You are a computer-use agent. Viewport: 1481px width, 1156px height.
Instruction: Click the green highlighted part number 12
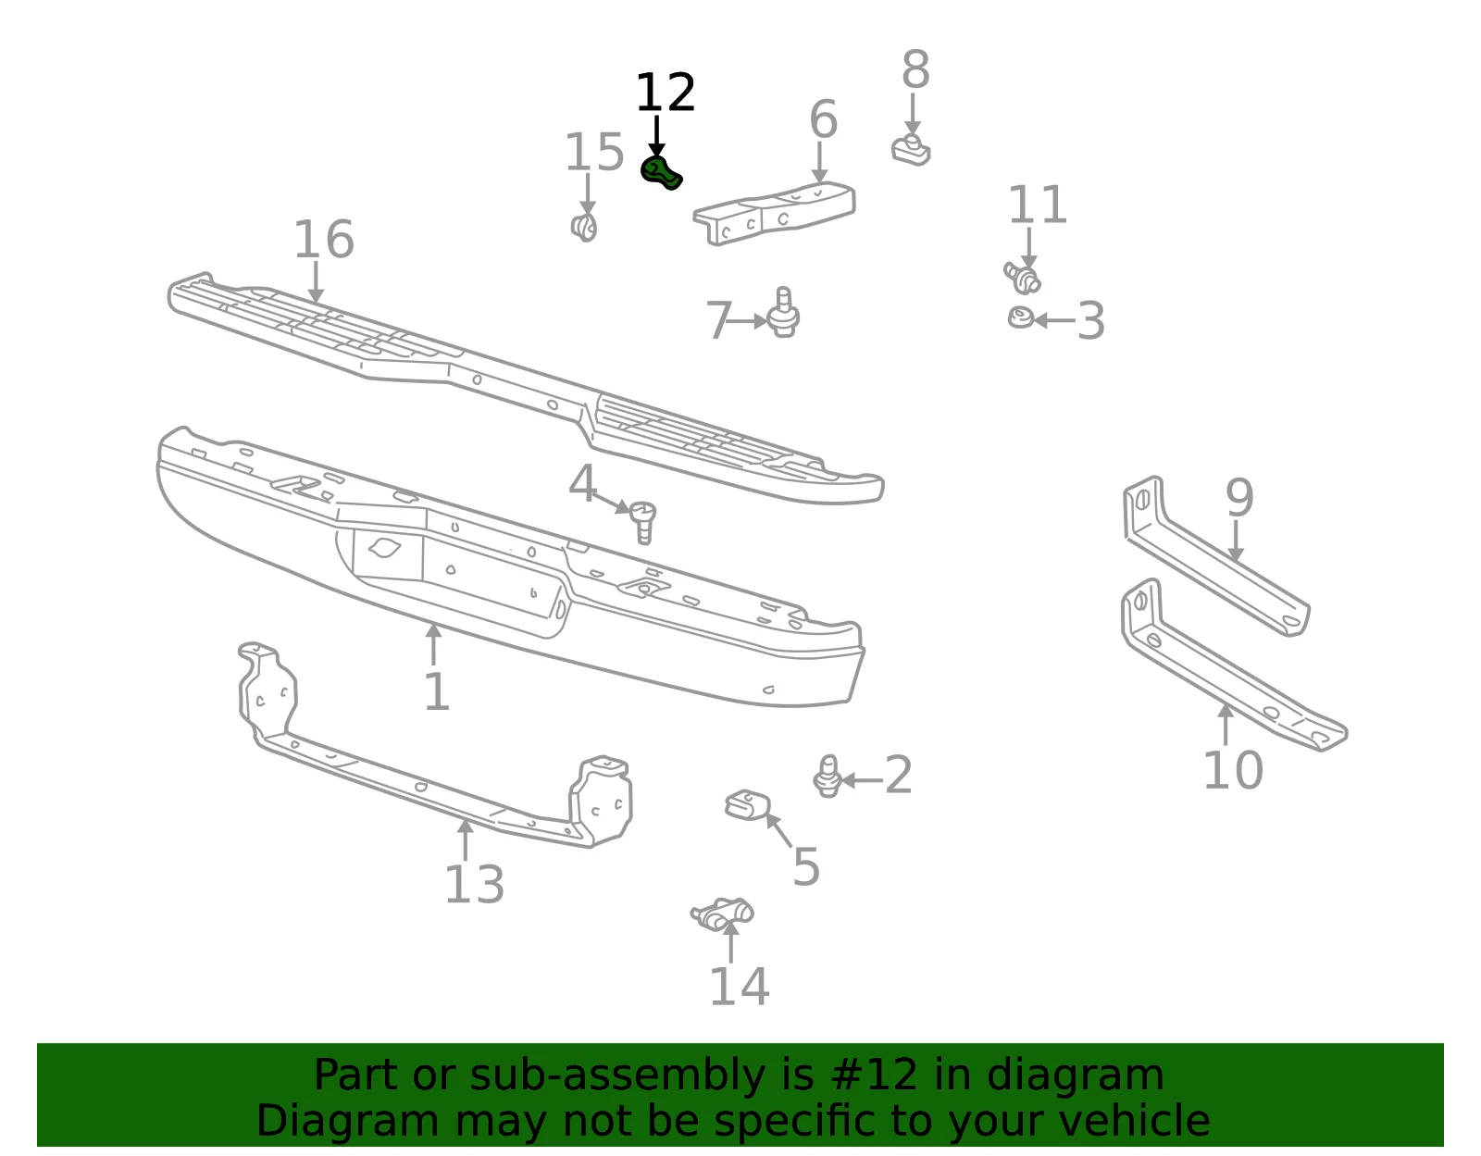(x=660, y=172)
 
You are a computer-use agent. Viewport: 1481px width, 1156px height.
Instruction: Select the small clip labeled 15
(x=584, y=227)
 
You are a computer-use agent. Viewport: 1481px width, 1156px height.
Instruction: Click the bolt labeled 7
(x=783, y=313)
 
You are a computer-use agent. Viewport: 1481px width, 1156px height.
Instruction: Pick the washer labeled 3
(x=1020, y=317)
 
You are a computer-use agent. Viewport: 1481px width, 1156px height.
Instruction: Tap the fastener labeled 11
(x=1022, y=278)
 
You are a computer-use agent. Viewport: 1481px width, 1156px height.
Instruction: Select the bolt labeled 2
(x=828, y=776)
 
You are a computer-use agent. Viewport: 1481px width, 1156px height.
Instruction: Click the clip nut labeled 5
(x=748, y=805)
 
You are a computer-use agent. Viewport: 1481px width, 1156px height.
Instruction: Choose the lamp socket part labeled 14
(x=722, y=914)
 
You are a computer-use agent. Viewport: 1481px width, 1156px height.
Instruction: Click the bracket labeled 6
(x=774, y=214)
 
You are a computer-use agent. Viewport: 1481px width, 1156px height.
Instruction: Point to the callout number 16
(x=324, y=239)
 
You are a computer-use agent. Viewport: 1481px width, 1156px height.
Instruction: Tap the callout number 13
(x=474, y=885)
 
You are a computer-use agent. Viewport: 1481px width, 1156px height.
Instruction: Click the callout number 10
(x=1233, y=770)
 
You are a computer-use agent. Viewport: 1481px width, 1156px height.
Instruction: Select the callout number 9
(x=1239, y=497)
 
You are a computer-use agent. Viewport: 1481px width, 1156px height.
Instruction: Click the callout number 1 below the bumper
(x=437, y=692)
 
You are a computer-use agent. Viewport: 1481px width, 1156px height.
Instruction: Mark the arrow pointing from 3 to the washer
(x=1054, y=319)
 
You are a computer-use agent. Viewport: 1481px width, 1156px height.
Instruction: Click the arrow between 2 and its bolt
(x=863, y=780)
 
